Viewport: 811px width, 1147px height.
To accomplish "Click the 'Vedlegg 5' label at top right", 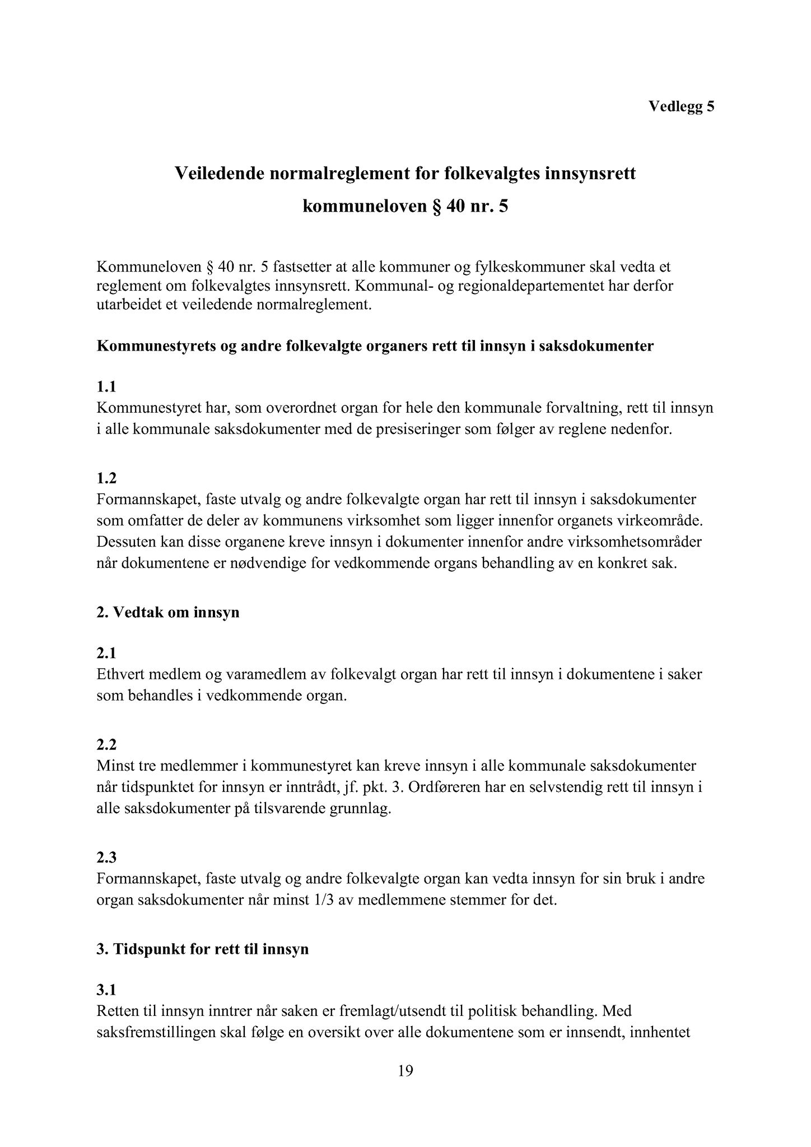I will pos(681,106).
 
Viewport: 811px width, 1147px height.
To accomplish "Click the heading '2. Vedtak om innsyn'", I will pos(168,612).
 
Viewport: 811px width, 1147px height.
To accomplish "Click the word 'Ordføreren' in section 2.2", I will pos(442,787).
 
